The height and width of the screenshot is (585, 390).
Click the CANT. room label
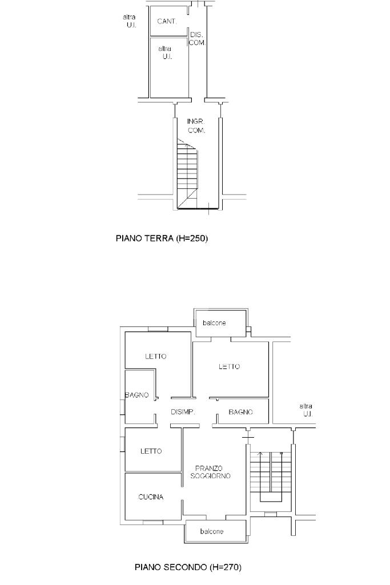point(167,22)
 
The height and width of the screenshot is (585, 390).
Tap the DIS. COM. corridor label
point(197,39)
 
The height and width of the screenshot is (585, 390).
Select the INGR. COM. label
point(196,126)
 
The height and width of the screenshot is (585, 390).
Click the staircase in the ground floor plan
point(187,174)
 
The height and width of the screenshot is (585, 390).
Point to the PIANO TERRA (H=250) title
point(162,238)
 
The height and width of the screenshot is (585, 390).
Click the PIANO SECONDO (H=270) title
point(188,567)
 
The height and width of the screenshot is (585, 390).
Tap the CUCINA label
point(151,497)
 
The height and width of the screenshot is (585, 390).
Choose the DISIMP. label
point(183,412)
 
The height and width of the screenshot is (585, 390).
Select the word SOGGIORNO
point(211,476)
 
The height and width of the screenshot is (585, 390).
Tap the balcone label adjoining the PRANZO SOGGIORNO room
point(212,531)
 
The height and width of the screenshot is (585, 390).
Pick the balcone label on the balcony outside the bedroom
point(214,322)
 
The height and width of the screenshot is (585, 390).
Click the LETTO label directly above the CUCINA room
point(151,451)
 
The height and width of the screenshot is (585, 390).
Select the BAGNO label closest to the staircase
point(241,412)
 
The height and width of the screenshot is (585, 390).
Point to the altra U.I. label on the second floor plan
point(306,410)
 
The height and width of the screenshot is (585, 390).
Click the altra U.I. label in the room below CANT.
point(165,53)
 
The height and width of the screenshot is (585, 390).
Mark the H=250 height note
point(191,238)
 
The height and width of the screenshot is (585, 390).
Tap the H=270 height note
point(226,567)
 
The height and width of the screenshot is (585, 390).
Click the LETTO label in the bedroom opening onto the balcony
point(229,366)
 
